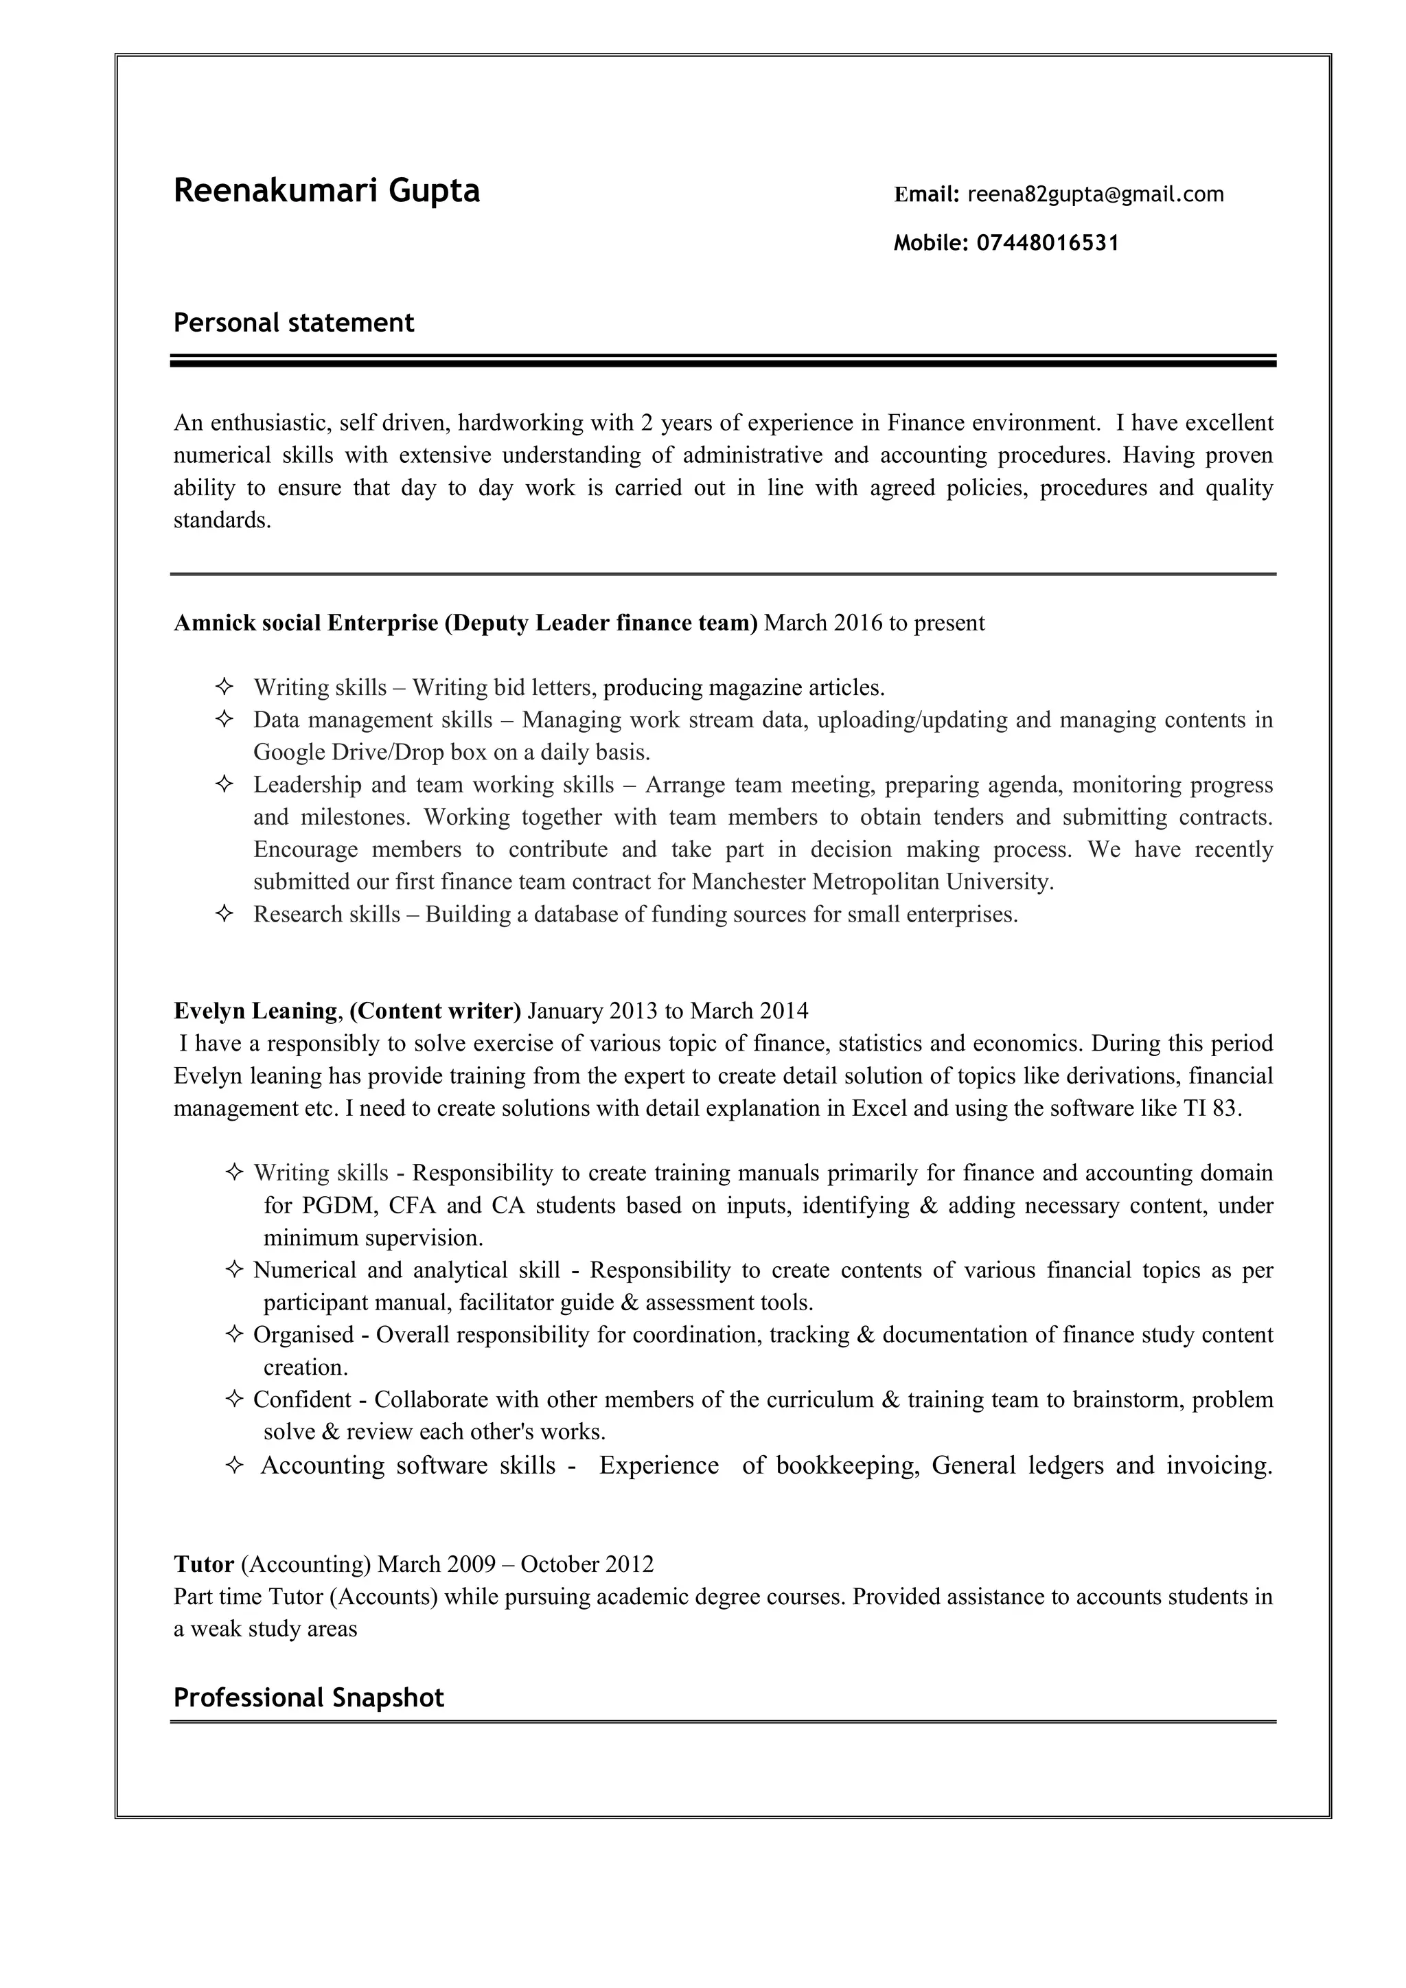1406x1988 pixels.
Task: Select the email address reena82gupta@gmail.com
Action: tap(1095, 194)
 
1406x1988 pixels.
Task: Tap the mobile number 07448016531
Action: tap(1048, 242)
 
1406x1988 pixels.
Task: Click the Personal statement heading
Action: tap(294, 323)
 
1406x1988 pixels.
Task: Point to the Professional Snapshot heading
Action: tap(308, 1697)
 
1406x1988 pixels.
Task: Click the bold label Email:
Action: tap(926, 194)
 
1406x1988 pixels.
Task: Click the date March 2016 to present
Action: tap(875, 623)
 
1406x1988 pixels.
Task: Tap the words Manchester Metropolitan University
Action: tap(872, 882)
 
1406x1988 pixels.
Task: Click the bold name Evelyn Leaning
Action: tap(255, 1010)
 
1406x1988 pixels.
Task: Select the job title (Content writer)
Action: tap(435, 1010)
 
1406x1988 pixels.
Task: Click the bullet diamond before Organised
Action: tap(233, 1334)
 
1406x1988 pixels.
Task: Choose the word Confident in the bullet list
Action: tap(302, 1399)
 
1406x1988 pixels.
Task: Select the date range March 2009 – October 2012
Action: tap(516, 1564)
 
